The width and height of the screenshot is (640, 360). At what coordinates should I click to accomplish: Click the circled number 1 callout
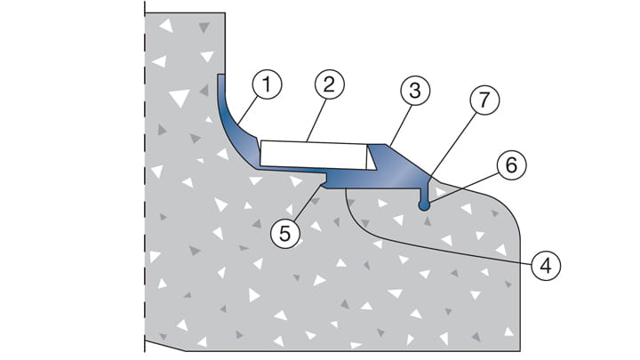coord(266,86)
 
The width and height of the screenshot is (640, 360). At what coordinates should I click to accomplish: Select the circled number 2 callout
coord(328,86)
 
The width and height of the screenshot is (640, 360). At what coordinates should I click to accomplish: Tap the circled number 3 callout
coord(413,91)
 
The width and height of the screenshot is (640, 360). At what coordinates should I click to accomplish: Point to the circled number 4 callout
coord(546,263)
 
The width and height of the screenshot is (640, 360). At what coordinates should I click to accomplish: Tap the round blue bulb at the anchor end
coord(425,205)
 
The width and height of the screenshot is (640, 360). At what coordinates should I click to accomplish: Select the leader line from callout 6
coord(471,185)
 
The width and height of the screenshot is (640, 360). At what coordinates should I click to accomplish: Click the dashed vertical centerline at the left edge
coord(144,178)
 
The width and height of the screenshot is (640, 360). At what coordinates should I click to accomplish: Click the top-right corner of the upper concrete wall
coord(223,16)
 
